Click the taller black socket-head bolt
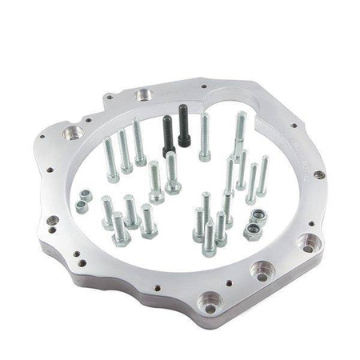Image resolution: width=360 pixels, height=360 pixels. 183,126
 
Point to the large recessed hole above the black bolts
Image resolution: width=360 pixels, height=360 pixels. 144,95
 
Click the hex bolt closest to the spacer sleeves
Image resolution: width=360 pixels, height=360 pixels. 107,212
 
